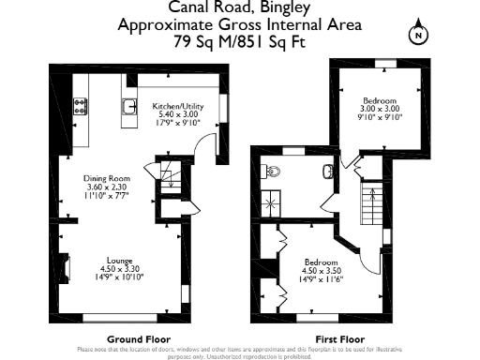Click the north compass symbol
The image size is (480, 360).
coord(418,36)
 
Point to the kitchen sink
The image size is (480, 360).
coord(125,106)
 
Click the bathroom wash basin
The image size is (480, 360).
coord(327,171)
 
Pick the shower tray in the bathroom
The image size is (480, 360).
coord(271,202)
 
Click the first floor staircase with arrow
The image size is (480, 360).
coord(372,202)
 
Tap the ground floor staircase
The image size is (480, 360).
coord(170,183)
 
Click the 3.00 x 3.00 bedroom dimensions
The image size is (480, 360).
coord(380,109)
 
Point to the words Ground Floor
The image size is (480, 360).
coord(131,338)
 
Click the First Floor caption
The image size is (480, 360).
coord(340,338)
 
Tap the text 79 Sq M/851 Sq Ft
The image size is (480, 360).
coord(239,42)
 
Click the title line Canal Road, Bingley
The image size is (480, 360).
coord(239,10)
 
